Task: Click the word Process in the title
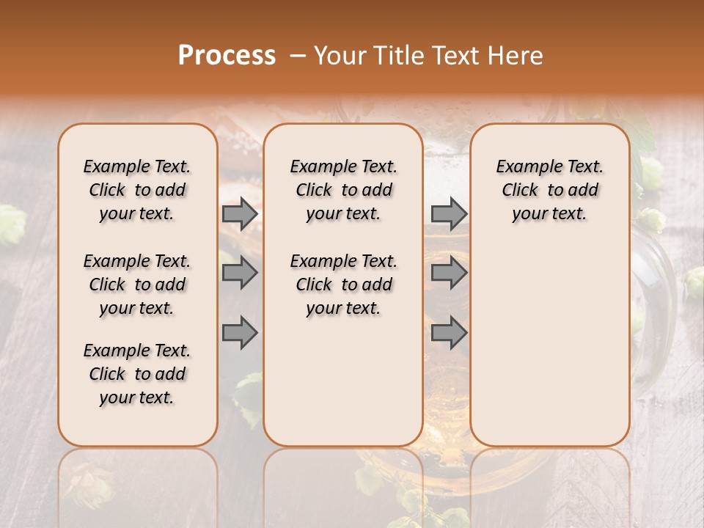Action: (x=227, y=55)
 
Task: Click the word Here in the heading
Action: (x=516, y=55)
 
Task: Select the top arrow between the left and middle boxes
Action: (x=240, y=214)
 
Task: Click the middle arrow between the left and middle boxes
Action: (x=240, y=273)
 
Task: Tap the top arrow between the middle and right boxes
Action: (x=449, y=214)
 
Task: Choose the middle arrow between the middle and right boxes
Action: (x=449, y=273)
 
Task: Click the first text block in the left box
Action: (x=137, y=190)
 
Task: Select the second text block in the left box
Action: (x=137, y=285)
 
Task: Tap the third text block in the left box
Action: (x=137, y=374)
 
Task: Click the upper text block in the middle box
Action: (x=343, y=190)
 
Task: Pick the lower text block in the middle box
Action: (x=343, y=285)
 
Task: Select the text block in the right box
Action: (x=549, y=190)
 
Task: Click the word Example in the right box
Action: (x=523, y=166)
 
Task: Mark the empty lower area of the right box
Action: (x=549, y=337)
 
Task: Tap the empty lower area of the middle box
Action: (x=343, y=381)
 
